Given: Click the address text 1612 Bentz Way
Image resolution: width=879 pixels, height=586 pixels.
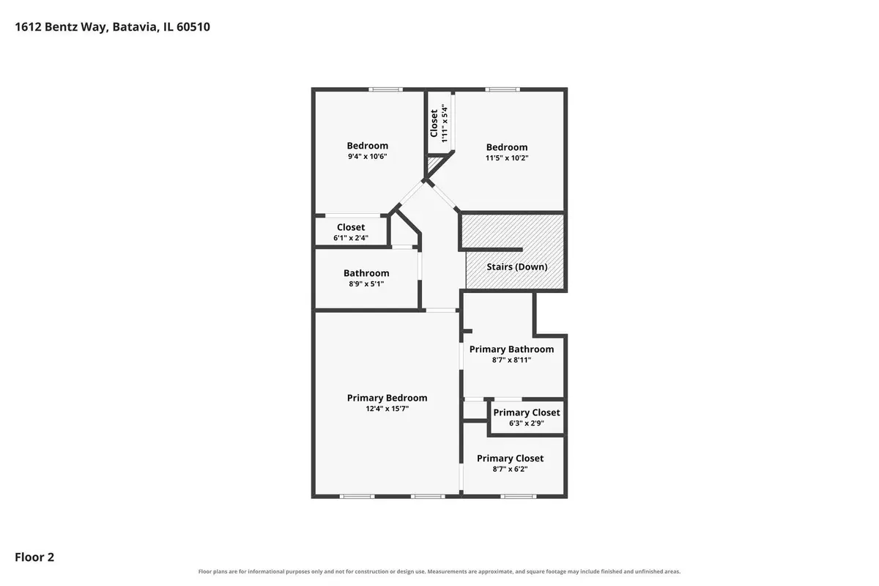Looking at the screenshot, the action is tap(61, 27).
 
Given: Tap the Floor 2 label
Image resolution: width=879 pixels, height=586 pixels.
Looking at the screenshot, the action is tap(34, 557).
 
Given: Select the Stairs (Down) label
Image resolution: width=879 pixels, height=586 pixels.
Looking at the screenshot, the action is tap(517, 267).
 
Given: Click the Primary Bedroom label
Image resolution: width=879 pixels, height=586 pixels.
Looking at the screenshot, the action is tap(387, 398).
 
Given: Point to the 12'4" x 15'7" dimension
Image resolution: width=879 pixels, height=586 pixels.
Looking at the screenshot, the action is tap(387, 409).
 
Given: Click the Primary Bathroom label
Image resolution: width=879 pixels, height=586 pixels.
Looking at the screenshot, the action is tap(512, 349).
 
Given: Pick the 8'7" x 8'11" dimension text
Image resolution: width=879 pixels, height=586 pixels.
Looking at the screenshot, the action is tap(512, 360).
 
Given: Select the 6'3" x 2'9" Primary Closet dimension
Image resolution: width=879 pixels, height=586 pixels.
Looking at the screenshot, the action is tap(526, 423).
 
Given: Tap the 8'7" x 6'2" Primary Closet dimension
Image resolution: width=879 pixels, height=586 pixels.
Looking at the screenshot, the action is tap(510, 469).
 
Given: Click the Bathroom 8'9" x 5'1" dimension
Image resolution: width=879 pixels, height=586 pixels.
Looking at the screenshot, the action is tap(366, 283).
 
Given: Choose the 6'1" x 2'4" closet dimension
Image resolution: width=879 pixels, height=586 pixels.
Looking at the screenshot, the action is tap(351, 238).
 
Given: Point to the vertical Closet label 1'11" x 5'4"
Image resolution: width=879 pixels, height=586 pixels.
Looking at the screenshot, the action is tap(439, 123).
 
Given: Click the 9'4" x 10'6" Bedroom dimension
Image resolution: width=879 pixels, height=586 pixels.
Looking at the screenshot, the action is tap(367, 156).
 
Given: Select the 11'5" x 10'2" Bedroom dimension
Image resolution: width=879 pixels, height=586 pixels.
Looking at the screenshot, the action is tap(507, 157).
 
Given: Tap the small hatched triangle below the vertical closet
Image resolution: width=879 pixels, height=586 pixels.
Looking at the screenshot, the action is tap(432, 164).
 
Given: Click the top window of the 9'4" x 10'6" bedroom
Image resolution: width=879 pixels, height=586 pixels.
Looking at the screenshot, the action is tap(385, 89).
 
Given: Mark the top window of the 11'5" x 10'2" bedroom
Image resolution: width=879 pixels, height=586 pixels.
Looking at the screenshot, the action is tap(502, 89).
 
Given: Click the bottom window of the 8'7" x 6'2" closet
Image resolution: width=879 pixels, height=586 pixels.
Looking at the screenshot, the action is tap(518, 497).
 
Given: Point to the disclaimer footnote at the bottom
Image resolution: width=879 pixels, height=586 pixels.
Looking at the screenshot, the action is tap(439, 571).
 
